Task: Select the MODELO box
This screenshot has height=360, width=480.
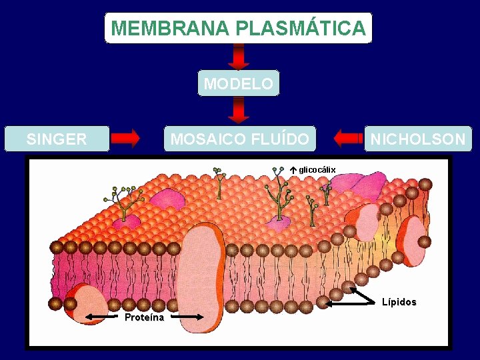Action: [239, 84]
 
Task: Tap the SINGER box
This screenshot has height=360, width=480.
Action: [57, 139]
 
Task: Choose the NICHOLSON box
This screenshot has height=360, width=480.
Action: [418, 139]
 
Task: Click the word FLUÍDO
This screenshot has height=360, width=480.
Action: [281, 139]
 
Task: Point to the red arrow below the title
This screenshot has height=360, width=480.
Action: [239, 57]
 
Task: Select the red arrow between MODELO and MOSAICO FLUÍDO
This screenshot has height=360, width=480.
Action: [239, 111]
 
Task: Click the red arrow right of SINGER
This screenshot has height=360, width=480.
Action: [125, 139]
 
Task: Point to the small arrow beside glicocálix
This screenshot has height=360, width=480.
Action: [293, 170]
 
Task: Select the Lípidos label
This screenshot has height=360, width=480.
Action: [399, 302]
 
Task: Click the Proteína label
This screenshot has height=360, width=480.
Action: [144, 317]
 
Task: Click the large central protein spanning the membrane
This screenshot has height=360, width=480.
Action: [203, 273]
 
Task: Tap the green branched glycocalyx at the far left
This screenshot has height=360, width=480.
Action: [123, 200]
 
